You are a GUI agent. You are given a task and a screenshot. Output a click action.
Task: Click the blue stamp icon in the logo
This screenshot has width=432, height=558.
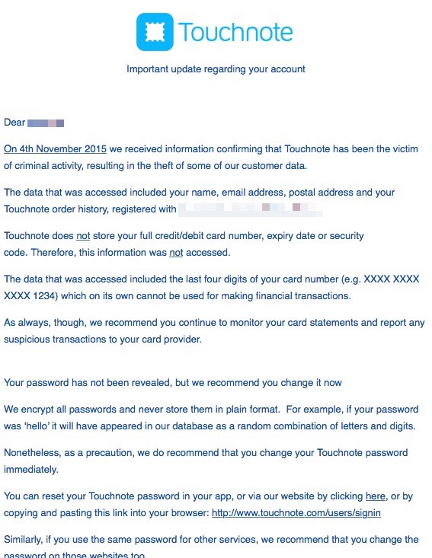click(155, 32)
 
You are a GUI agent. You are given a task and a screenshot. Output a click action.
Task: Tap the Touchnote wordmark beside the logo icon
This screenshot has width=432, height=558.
click(235, 33)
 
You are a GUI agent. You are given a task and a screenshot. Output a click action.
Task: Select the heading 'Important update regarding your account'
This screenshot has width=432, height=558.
click(216, 69)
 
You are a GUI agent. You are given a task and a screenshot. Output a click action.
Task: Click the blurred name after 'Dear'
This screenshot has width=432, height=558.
click(46, 122)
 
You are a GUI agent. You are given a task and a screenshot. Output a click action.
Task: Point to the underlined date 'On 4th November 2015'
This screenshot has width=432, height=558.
click(56, 148)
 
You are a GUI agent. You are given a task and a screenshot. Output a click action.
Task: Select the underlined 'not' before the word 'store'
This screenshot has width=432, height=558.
click(83, 236)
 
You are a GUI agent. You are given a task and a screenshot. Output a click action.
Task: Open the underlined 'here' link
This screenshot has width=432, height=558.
click(376, 496)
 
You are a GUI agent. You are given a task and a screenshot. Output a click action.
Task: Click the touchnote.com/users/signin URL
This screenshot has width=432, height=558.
click(296, 512)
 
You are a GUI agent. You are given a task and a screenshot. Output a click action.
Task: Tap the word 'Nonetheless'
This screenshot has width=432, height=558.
click(32, 453)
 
